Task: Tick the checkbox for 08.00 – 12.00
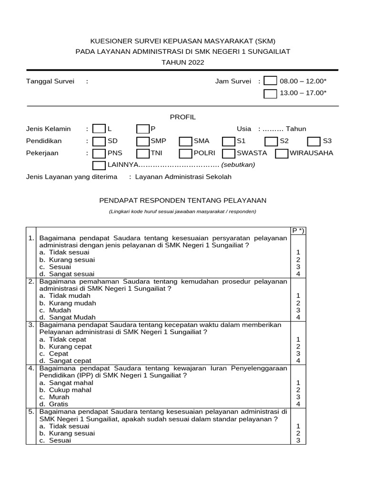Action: (270, 81)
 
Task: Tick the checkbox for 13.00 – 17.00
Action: (270, 93)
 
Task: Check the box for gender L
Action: (99, 129)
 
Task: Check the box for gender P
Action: (142, 129)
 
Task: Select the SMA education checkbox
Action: (185, 141)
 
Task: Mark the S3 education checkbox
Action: (314, 141)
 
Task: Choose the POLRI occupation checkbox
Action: (185, 153)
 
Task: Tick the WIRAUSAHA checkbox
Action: (282, 153)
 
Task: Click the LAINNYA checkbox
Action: (99, 165)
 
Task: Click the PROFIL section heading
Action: (183, 117)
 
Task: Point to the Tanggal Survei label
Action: (50, 81)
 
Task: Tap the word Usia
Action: (244, 129)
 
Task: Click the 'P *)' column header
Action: (298, 231)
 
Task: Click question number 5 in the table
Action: (30, 411)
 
